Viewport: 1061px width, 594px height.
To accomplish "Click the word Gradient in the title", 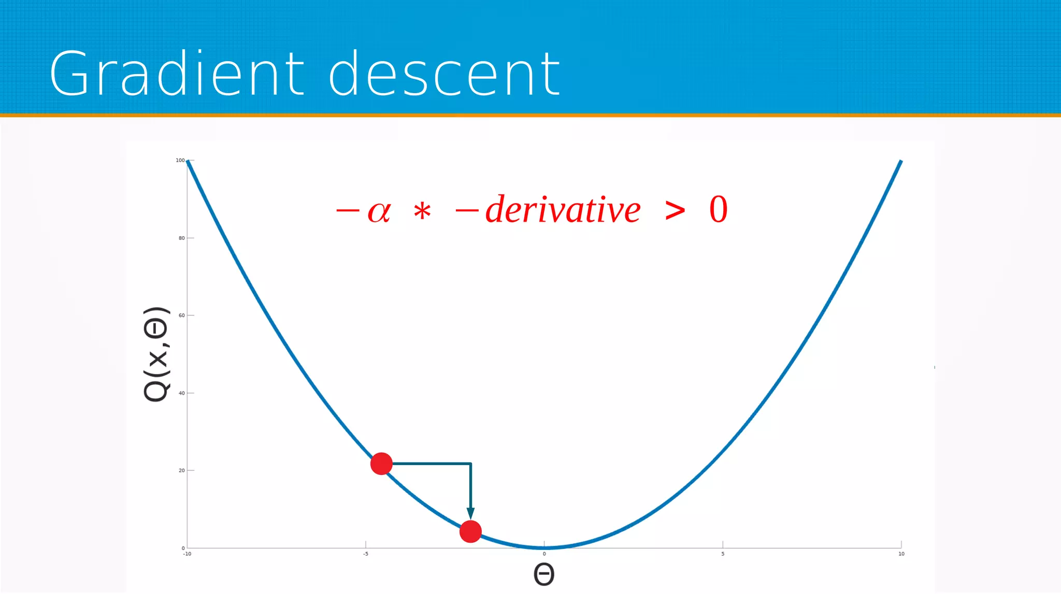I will click(x=177, y=74).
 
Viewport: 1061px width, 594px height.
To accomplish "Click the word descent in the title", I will click(x=445, y=74).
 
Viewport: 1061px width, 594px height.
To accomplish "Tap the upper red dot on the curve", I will click(x=381, y=463).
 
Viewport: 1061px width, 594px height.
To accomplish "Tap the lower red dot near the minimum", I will click(x=470, y=531).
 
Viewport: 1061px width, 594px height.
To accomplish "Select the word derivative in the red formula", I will click(x=563, y=210).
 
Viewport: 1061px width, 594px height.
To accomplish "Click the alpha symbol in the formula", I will click(x=379, y=211).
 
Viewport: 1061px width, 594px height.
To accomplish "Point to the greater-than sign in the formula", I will click(x=675, y=210).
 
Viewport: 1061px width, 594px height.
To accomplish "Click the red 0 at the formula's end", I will click(x=718, y=210).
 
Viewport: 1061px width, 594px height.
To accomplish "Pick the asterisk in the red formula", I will click(x=422, y=212).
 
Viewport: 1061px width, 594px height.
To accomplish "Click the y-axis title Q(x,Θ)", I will click(x=156, y=354).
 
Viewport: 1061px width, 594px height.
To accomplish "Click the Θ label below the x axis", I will click(x=544, y=574).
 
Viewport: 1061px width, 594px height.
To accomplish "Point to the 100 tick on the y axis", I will click(x=180, y=161).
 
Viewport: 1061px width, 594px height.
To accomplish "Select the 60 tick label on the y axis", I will click(x=181, y=315).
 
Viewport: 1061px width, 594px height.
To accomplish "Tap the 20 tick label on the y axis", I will click(x=181, y=470).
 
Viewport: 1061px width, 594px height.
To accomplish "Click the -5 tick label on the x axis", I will click(x=366, y=554).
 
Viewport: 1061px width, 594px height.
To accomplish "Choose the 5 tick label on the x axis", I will click(x=723, y=554).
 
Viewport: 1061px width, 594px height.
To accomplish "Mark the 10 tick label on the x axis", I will click(x=901, y=554).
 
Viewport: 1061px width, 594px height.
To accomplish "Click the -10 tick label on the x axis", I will click(x=187, y=554).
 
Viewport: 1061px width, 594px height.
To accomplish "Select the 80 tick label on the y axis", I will click(x=181, y=238).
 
